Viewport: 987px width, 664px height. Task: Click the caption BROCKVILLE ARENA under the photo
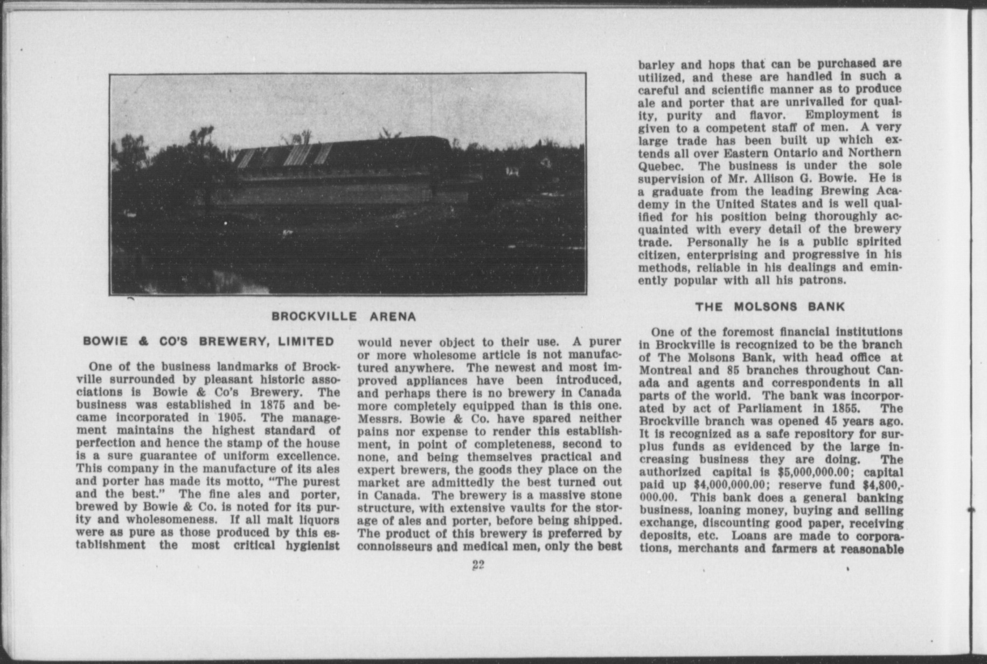click(344, 316)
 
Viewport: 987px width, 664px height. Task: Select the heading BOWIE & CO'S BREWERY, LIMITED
click(208, 342)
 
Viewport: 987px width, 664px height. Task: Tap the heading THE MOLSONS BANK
click(770, 307)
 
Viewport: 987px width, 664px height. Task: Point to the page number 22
click(478, 565)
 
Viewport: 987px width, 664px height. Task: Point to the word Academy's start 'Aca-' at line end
click(888, 191)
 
